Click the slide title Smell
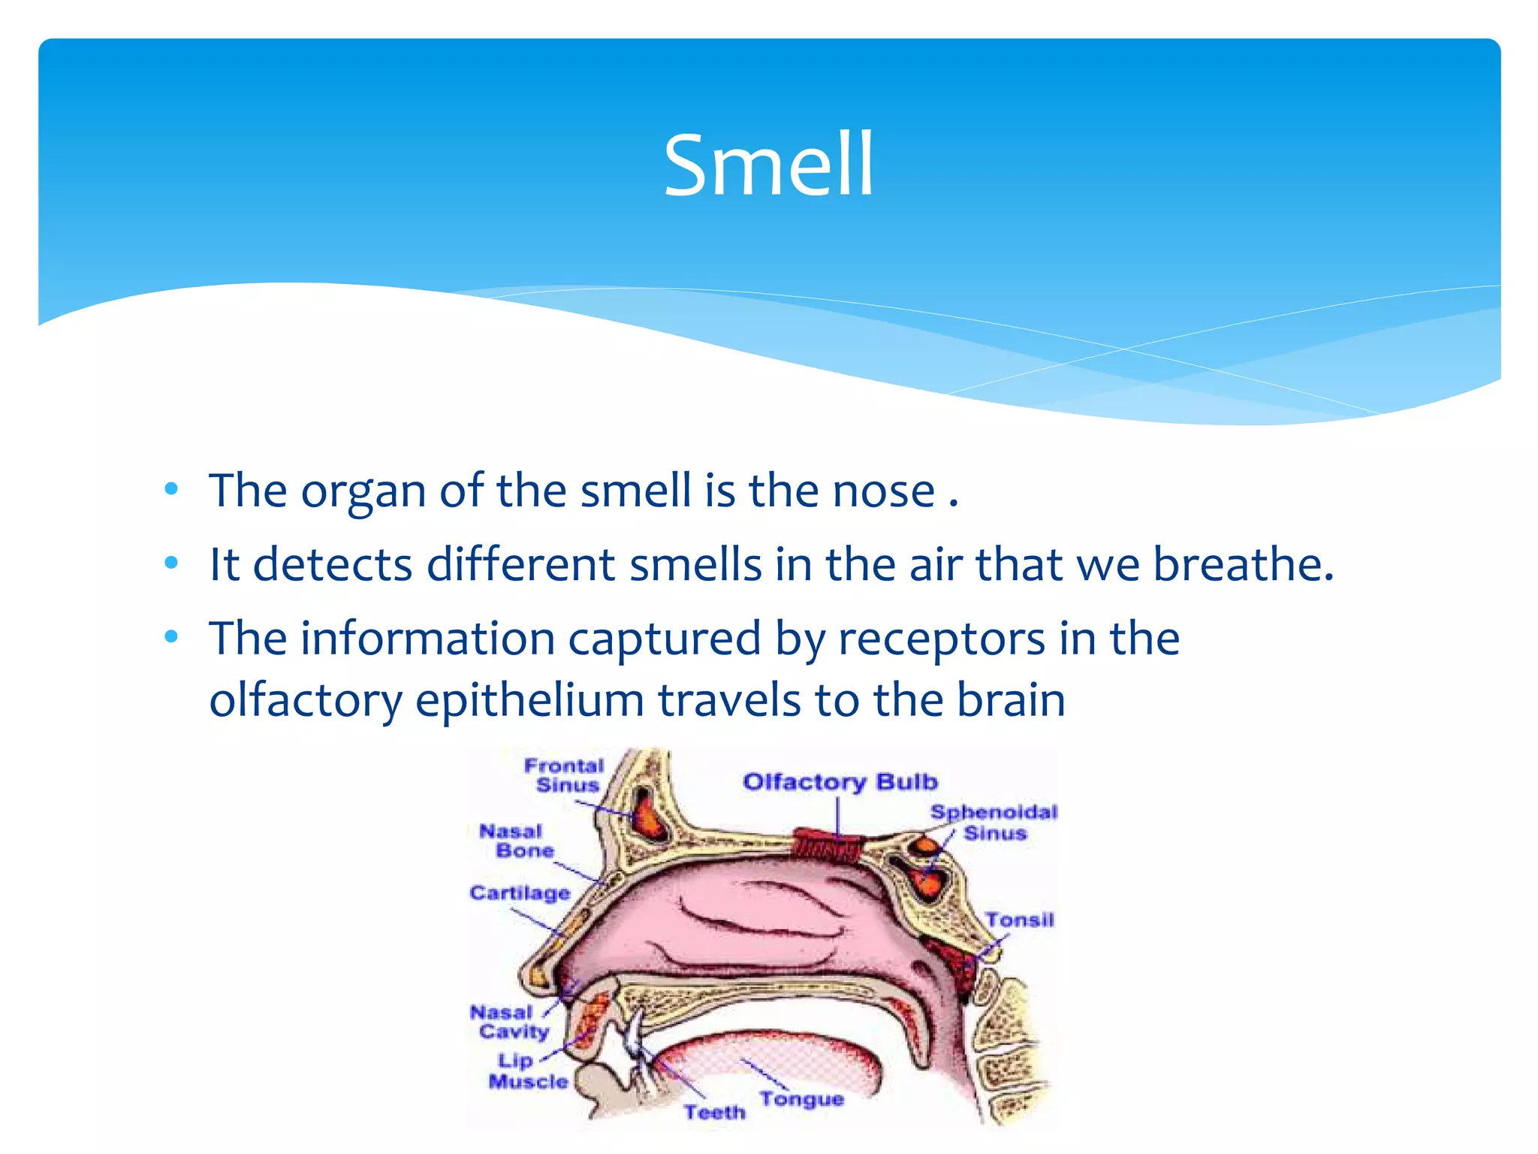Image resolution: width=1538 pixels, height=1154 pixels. (768, 165)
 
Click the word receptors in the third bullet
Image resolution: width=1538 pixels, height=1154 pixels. (941, 639)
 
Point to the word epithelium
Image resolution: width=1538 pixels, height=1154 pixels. (529, 701)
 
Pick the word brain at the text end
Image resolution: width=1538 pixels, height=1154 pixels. (1011, 701)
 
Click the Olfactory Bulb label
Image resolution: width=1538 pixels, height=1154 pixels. (840, 782)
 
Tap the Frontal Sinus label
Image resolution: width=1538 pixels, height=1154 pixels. (565, 775)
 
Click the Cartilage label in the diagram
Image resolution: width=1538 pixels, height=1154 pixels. (520, 893)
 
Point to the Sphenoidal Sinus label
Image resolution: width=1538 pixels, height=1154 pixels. (994, 822)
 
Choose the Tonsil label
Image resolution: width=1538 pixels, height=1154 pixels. (1019, 920)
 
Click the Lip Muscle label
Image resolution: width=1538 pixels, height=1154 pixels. (526, 1071)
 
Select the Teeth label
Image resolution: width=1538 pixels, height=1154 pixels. (714, 1112)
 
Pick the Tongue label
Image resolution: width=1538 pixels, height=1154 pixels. (801, 1099)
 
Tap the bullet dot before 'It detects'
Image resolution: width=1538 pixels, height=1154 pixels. (172, 563)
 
